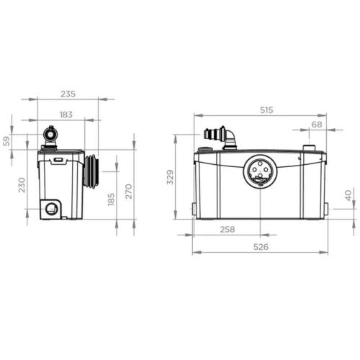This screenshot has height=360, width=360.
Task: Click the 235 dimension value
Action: (x=68, y=94)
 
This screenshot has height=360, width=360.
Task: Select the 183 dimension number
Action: (x=66, y=115)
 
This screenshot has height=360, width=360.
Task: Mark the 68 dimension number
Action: (x=317, y=125)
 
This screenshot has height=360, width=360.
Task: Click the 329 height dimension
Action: (x=171, y=178)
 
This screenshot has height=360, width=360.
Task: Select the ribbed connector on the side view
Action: (x=91, y=171)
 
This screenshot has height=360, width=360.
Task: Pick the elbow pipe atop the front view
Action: (x=231, y=138)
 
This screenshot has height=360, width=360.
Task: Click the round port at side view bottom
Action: (x=52, y=209)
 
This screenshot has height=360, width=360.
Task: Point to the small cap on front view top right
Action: (x=309, y=148)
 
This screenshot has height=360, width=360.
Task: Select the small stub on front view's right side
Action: (x=326, y=209)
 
